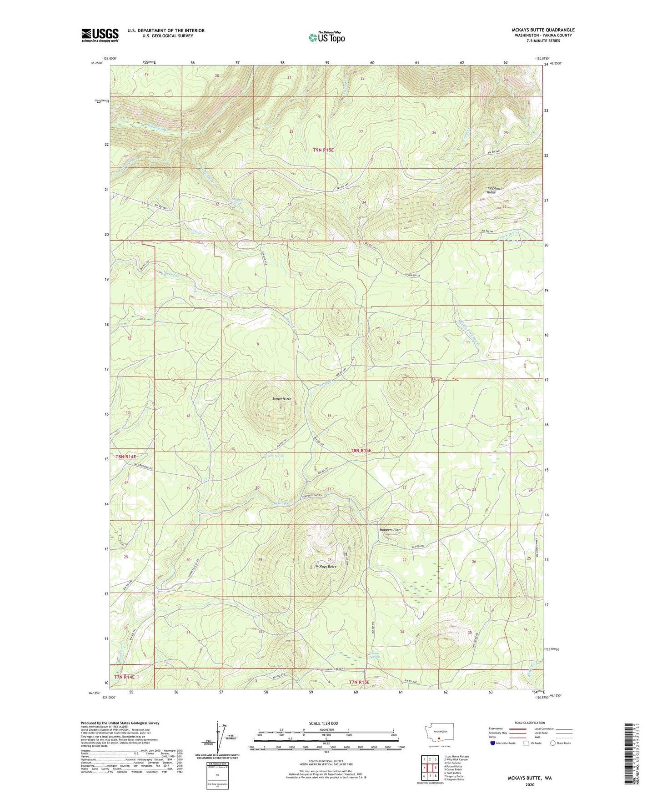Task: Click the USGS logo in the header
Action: [x=100, y=35]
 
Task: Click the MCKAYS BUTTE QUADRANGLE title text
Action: [x=537, y=30]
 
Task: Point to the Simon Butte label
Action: [x=281, y=399]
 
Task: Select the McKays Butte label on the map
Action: [x=326, y=567]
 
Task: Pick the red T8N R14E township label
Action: [x=125, y=456]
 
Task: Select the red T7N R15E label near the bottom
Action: [x=361, y=682]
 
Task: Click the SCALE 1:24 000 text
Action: [x=323, y=723]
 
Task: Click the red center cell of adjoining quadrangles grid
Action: [x=429, y=768]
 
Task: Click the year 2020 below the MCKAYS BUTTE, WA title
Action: [x=529, y=784]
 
